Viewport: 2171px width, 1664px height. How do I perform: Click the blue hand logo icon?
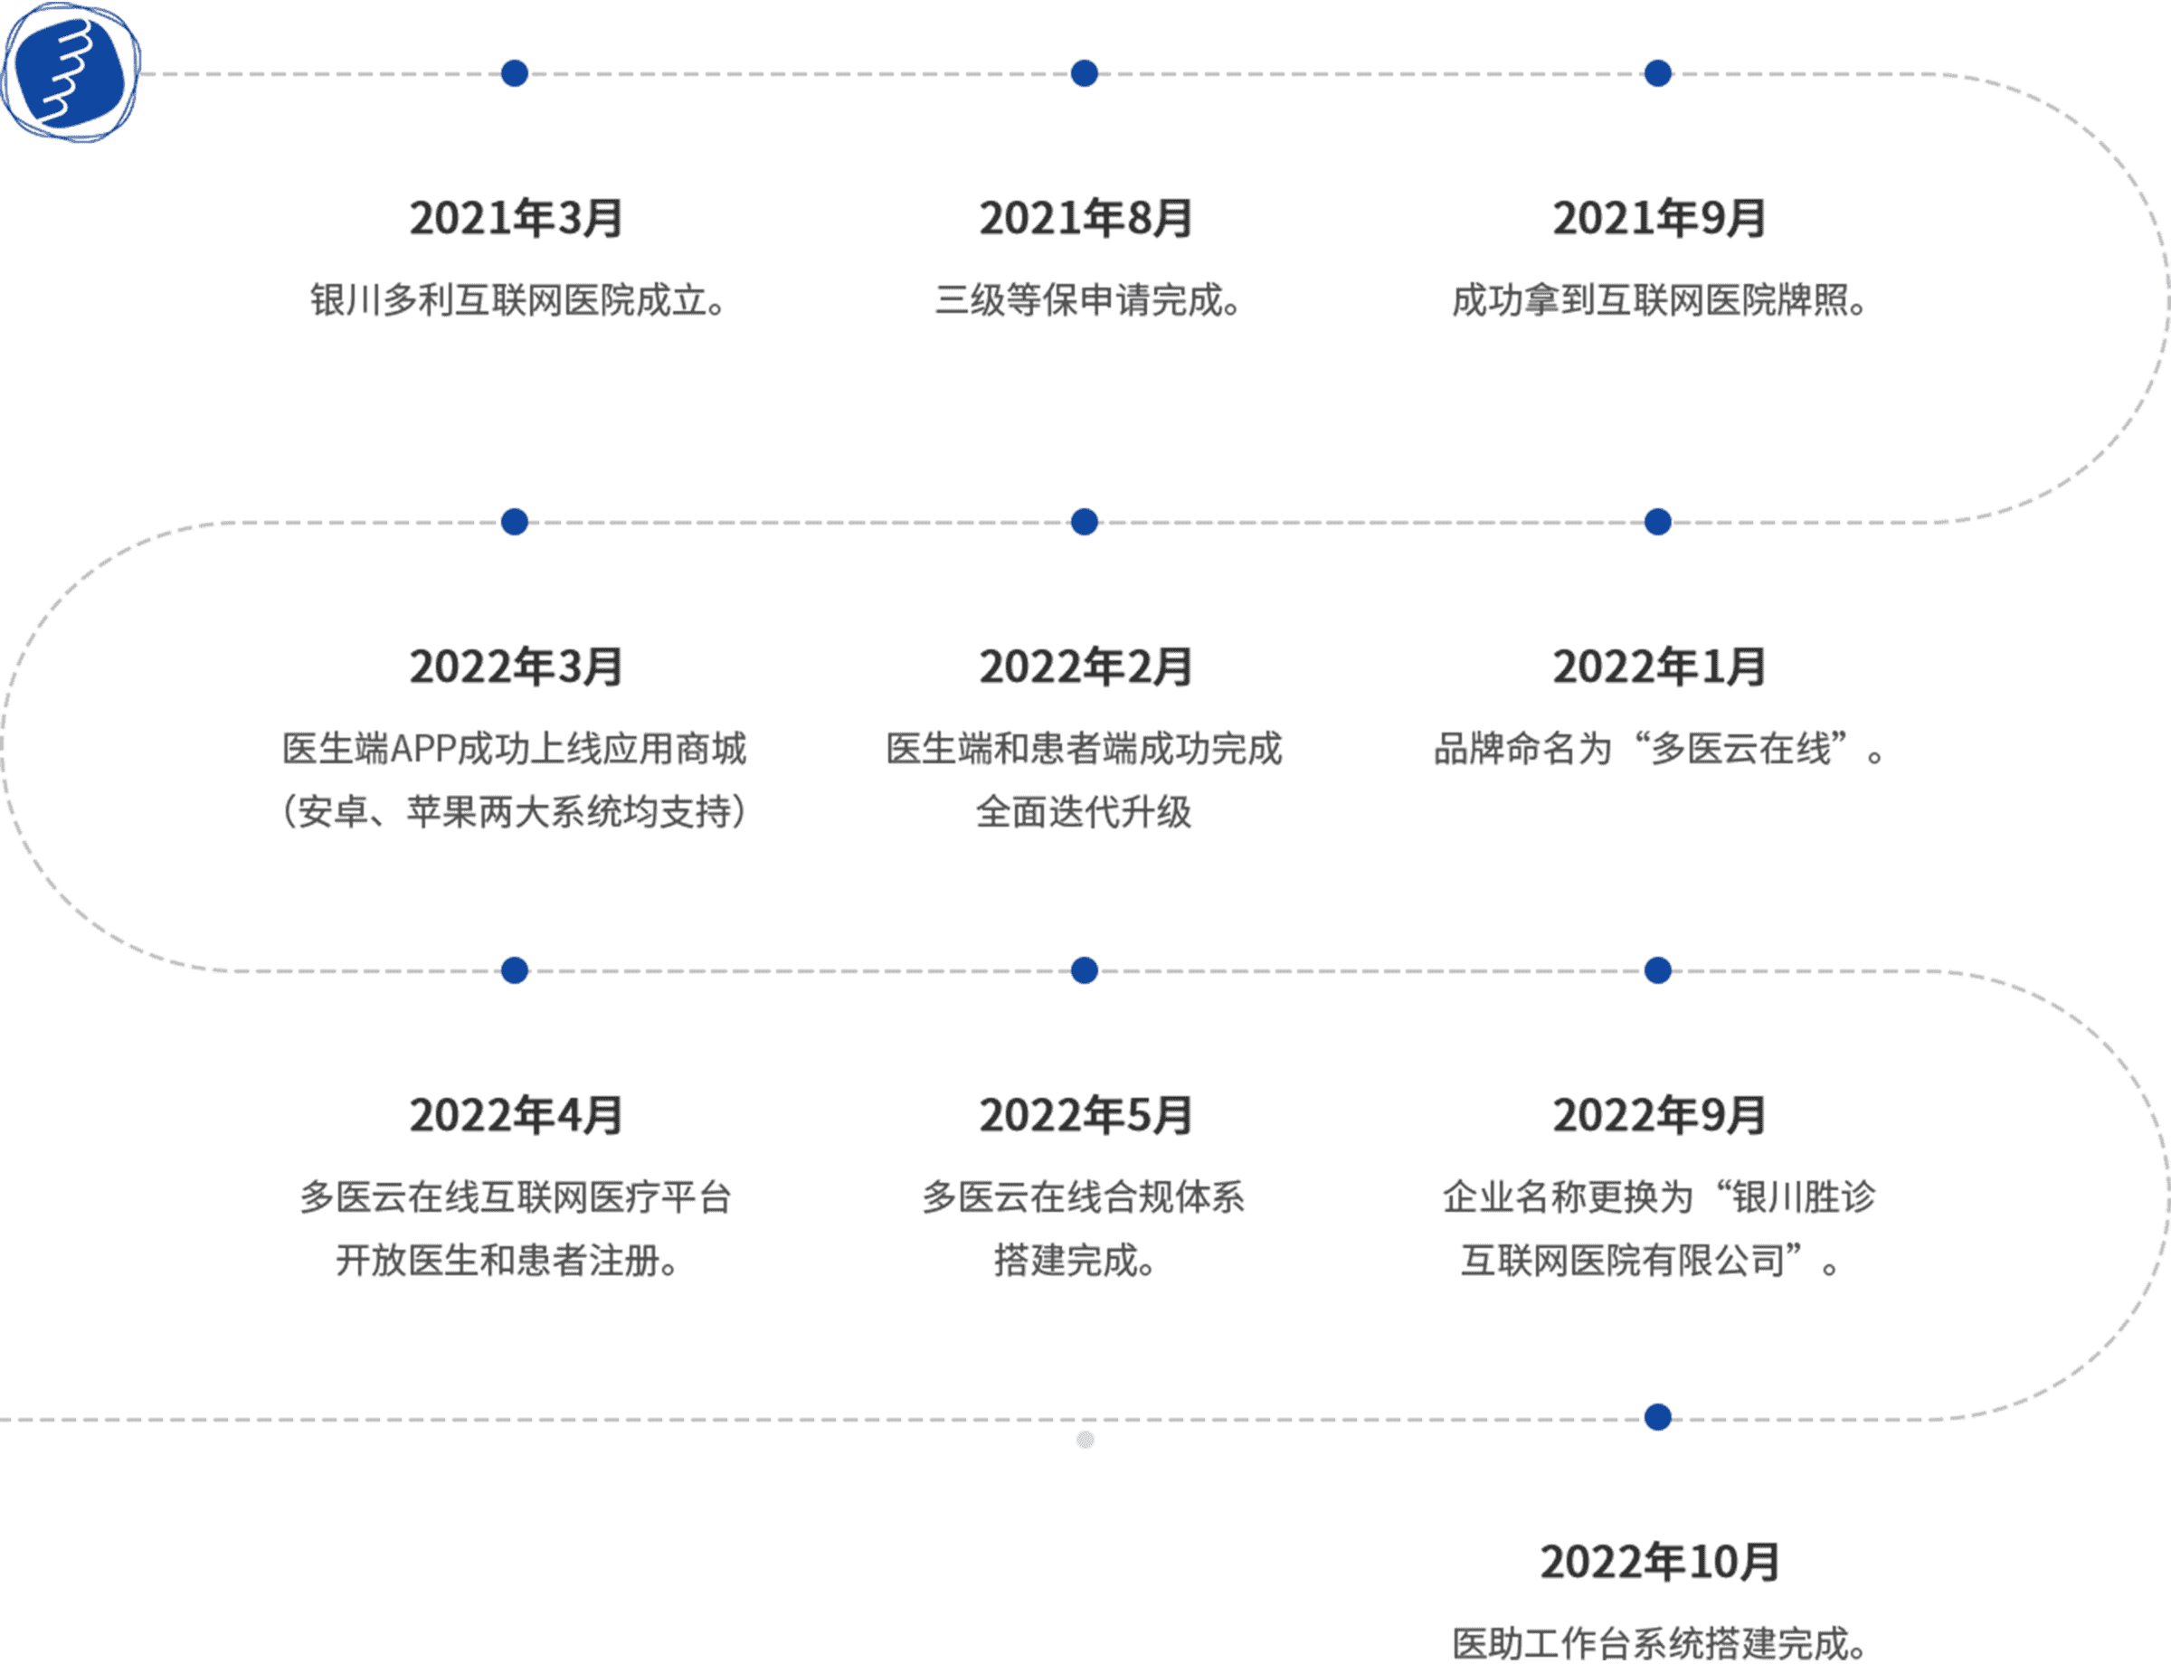point(71,71)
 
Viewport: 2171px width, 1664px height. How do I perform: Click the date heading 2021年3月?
point(517,218)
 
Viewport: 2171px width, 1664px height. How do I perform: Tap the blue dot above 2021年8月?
point(1085,73)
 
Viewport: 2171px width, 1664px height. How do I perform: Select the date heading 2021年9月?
point(1659,218)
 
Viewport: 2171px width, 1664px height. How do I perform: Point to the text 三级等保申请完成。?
point(1087,299)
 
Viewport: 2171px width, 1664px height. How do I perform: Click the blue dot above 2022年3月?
point(515,522)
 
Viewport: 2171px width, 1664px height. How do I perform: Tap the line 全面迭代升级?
point(1084,811)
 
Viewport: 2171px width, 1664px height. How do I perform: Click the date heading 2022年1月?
point(1659,667)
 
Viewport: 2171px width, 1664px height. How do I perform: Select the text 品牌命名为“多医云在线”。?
point(1659,749)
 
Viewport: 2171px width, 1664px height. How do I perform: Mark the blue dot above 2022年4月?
point(515,970)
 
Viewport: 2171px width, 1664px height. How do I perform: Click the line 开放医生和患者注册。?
point(507,1260)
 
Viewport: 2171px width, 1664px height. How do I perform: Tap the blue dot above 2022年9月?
point(1658,970)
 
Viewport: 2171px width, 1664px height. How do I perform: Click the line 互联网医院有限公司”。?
point(1650,1260)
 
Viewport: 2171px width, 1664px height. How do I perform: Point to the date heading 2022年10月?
point(1660,1562)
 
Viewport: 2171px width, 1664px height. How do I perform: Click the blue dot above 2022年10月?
point(1658,1417)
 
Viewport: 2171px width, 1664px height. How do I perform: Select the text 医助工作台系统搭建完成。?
point(1660,1643)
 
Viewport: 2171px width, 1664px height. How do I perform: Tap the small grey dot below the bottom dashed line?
point(1085,1439)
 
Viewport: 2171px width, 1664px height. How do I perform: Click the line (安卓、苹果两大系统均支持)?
point(515,811)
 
